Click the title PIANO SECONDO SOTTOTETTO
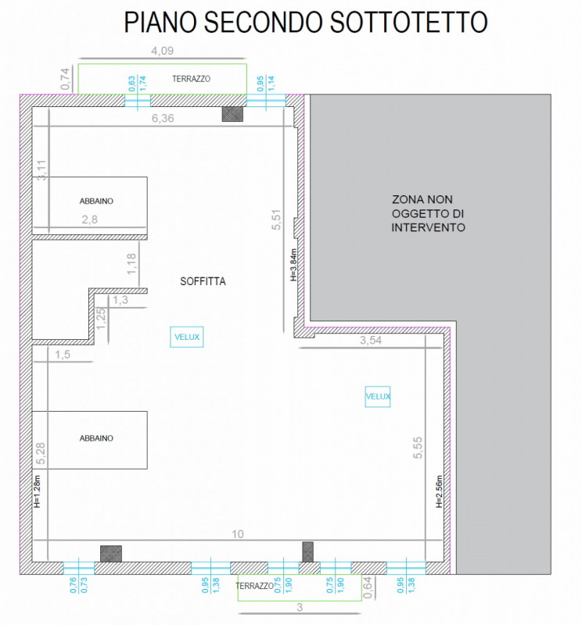pos(305,23)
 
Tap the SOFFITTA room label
pos(203,281)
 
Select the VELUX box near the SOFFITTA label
pos(187,337)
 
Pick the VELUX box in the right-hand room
pos(378,397)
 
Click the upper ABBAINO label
pos(96,201)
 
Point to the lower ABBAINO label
pos(96,438)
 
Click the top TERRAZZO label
pos(192,79)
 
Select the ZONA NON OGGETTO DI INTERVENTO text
pos(429,213)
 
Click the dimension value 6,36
pos(162,117)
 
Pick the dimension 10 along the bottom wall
pos(239,534)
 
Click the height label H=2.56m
pos(439,491)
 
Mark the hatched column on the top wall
pos(232,114)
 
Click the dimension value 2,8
pos(90,220)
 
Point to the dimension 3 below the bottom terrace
pos(300,607)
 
